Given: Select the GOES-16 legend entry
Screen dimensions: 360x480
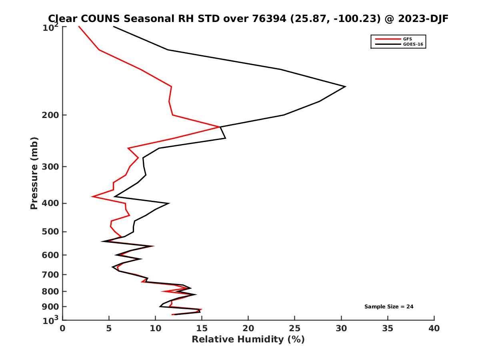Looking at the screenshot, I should pyautogui.click(x=412, y=44).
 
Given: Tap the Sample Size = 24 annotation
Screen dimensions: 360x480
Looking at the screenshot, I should pyautogui.click(x=388, y=307).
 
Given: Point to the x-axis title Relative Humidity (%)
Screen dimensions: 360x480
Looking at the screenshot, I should pyautogui.click(x=248, y=340).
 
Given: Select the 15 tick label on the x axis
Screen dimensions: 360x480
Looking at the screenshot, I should pyautogui.click(x=202, y=329).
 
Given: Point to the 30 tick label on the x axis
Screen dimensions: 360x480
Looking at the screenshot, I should pyautogui.click(x=341, y=329).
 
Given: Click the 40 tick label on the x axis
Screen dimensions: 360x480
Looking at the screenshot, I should pyautogui.click(x=434, y=329).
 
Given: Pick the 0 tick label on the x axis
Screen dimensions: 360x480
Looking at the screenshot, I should pyautogui.click(x=63, y=329).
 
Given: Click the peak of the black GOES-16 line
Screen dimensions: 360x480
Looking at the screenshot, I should pyautogui.click(x=345, y=86).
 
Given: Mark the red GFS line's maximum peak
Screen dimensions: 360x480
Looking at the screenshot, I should pyautogui.click(x=219, y=127).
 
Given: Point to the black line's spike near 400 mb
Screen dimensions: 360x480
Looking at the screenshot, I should pyautogui.click(x=168, y=203).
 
